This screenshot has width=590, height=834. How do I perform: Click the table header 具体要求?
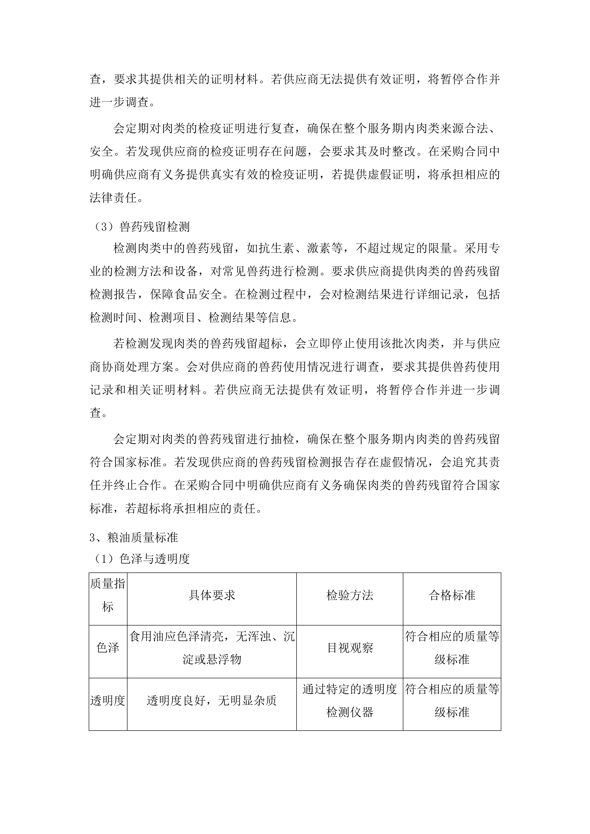tap(212, 595)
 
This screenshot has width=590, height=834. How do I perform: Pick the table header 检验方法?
tap(350, 595)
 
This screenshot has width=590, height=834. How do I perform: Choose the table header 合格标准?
tap(452, 595)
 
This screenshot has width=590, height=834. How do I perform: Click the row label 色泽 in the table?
tap(108, 648)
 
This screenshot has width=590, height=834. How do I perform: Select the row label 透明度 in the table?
tap(108, 700)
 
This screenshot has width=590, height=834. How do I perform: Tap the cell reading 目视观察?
tap(350, 648)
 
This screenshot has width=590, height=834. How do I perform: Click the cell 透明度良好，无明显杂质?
tap(212, 700)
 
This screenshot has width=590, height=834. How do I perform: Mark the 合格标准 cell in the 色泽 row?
tap(452, 648)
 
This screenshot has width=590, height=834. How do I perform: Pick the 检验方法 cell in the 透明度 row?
tap(350, 700)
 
